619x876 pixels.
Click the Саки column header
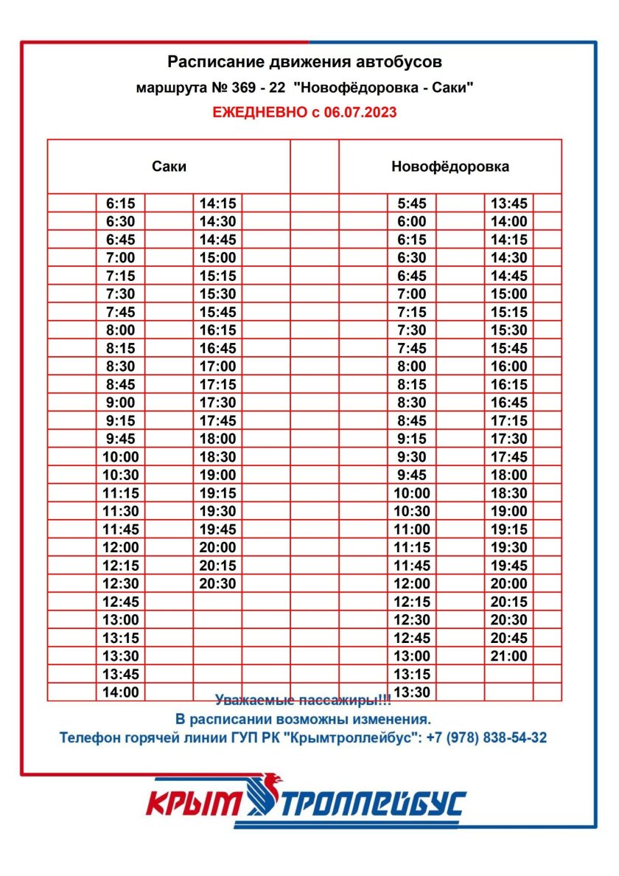(169, 167)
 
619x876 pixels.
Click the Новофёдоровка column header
(450, 167)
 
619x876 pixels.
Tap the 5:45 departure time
(411, 204)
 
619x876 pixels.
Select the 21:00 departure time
(508, 656)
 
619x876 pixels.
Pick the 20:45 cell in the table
(508, 638)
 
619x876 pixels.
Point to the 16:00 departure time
(508, 366)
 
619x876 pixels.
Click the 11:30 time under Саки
(121, 511)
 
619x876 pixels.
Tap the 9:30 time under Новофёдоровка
(411, 457)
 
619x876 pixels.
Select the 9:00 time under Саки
(121, 403)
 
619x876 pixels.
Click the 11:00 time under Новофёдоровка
(411, 529)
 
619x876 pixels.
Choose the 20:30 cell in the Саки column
(217, 583)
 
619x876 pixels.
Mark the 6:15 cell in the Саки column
(121, 204)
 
